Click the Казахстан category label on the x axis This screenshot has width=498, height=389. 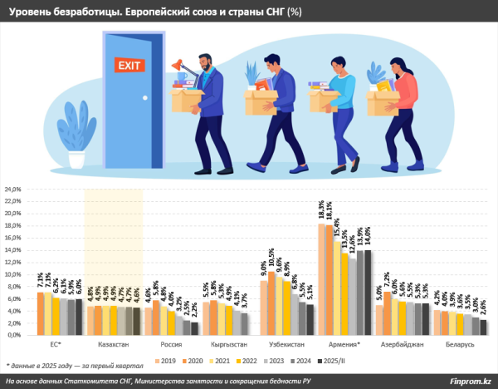coord(115,343)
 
